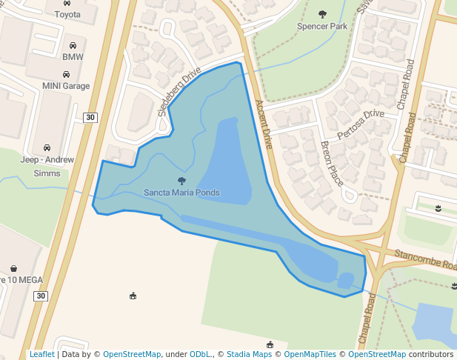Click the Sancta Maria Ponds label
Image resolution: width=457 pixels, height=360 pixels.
tap(181, 193)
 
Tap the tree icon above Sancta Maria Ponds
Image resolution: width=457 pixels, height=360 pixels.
tap(181, 181)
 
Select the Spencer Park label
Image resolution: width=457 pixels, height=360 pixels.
tap(322, 26)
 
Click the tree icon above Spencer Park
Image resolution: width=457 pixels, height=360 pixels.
tap(322, 14)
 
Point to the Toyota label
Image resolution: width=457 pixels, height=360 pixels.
tap(67, 14)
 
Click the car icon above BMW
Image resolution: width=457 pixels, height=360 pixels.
tap(73, 45)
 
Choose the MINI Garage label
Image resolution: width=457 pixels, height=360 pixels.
tap(66, 86)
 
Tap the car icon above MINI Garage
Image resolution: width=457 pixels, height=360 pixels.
tap(66, 75)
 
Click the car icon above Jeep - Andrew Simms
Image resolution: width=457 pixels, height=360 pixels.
tap(47, 147)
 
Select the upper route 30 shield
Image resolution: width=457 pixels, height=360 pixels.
tap(90, 117)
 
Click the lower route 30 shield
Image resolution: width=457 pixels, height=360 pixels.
tap(40, 296)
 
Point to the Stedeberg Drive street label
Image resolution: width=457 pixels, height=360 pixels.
tap(179, 92)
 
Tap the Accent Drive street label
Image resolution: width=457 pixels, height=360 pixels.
tap(264, 124)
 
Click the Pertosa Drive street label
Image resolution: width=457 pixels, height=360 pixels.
tap(361, 124)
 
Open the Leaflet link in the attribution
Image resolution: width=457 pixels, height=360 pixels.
tap(42, 354)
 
